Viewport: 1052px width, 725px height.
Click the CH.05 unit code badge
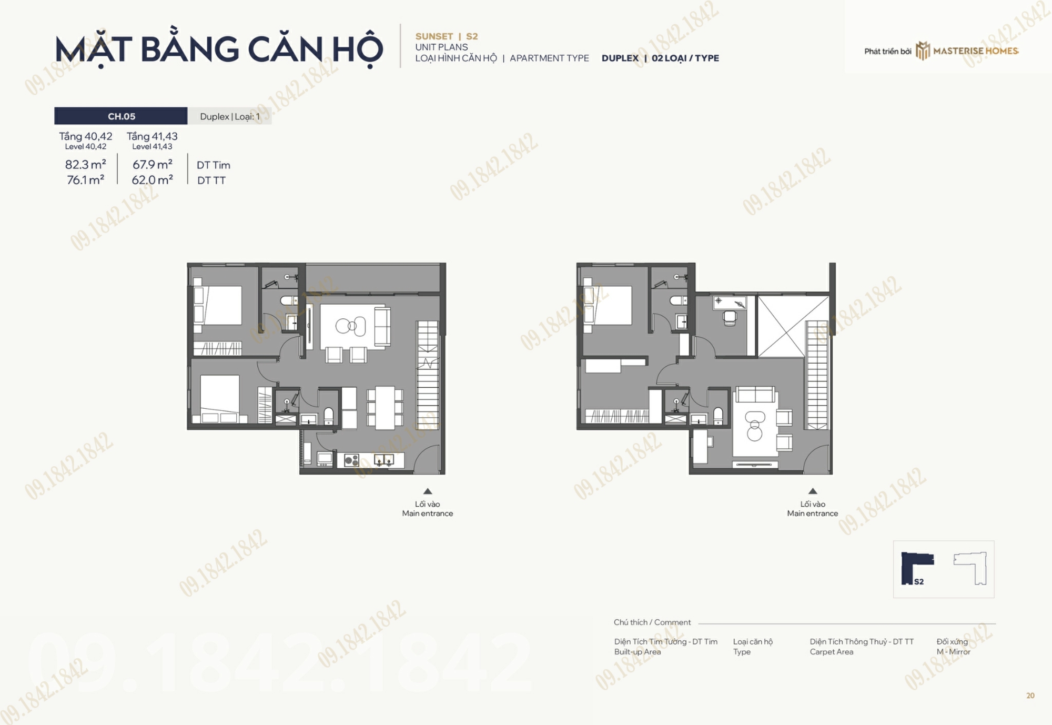[x=121, y=116]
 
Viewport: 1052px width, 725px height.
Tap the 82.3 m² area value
[x=85, y=165]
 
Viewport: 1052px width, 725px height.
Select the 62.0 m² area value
[x=152, y=180]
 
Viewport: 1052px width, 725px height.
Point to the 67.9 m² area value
[x=152, y=165]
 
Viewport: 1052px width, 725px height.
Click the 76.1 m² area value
[x=85, y=180]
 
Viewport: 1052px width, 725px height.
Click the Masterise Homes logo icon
[x=923, y=51]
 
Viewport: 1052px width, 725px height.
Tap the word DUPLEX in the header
[x=620, y=58]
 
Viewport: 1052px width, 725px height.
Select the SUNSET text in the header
[x=434, y=36]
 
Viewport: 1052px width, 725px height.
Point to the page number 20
[x=1030, y=696]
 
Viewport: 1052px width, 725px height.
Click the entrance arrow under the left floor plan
[x=428, y=491]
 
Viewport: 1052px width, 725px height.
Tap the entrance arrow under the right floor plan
[x=813, y=491]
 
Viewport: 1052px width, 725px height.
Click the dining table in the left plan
[x=385, y=408]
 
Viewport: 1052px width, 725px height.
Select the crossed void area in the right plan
[x=781, y=327]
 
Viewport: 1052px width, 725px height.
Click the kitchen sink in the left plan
[x=383, y=461]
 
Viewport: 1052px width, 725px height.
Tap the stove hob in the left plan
[x=351, y=461]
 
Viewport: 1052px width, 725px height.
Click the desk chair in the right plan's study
[x=730, y=318]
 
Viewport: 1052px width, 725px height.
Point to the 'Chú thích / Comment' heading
[x=652, y=622]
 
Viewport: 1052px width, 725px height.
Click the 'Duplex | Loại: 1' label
[x=230, y=116]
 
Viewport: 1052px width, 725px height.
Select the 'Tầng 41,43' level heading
[x=152, y=136]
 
